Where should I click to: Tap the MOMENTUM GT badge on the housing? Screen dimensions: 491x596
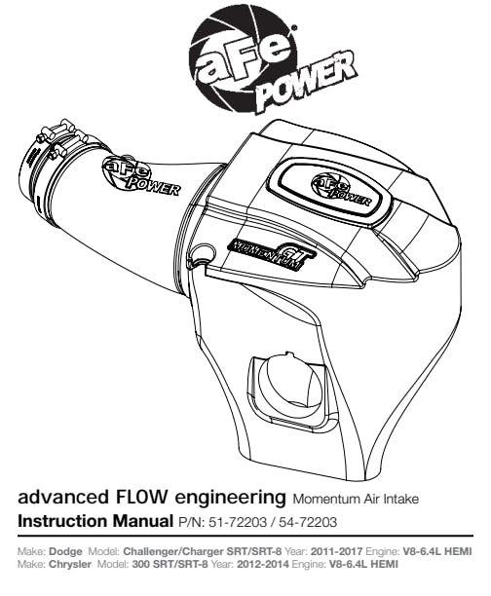271,254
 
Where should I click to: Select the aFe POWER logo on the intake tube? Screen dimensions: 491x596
139,176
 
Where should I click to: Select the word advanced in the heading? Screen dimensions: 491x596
63,497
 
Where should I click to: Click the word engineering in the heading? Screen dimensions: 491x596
230,498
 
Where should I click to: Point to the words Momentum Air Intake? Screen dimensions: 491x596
356,499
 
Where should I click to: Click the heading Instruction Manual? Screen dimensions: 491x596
95,521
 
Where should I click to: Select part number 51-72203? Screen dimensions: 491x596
238,522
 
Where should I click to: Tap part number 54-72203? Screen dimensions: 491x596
308,522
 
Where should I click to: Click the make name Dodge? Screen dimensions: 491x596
66,551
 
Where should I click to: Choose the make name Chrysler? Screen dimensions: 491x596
70,565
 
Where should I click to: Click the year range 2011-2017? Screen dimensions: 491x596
336,551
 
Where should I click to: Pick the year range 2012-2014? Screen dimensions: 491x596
263,565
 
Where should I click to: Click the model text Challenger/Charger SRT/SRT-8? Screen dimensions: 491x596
203,552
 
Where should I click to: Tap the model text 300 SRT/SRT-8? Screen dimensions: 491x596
170,565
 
